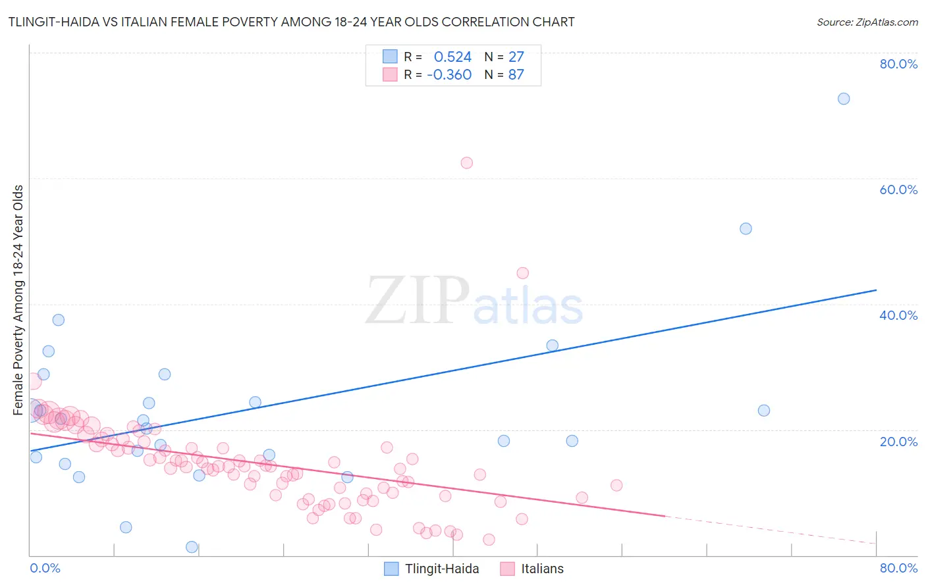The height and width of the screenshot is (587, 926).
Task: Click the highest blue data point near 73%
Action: click(843, 99)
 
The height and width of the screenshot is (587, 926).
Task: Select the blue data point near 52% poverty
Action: click(746, 228)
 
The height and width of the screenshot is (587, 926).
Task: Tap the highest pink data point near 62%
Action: click(466, 163)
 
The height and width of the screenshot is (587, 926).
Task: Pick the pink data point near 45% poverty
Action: click(522, 273)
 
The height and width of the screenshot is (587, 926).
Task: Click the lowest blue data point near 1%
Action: click(192, 547)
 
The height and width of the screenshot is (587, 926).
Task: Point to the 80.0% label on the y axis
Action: click(898, 64)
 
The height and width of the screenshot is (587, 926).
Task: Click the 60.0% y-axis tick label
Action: click(898, 190)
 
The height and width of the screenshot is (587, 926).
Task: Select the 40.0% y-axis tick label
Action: click(898, 315)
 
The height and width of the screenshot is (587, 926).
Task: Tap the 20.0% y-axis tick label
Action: click(898, 442)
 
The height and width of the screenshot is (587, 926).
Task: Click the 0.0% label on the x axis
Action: click(45, 568)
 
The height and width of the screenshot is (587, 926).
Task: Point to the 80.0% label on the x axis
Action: click(898, 568)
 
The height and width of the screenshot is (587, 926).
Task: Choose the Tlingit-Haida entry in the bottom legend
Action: click(441, 569)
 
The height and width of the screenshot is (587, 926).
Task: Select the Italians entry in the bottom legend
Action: click(542, 569)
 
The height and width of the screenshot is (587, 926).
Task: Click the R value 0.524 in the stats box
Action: click(452, 57)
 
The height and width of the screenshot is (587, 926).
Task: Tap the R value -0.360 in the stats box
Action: click(449, 75)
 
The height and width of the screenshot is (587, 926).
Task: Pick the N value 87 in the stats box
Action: click(516, 75)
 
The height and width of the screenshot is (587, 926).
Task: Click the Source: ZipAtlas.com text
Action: click(867, 22)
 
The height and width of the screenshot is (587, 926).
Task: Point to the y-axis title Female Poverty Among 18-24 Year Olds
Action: click(18, 300)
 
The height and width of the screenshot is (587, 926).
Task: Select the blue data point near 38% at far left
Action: click(58, 320)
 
